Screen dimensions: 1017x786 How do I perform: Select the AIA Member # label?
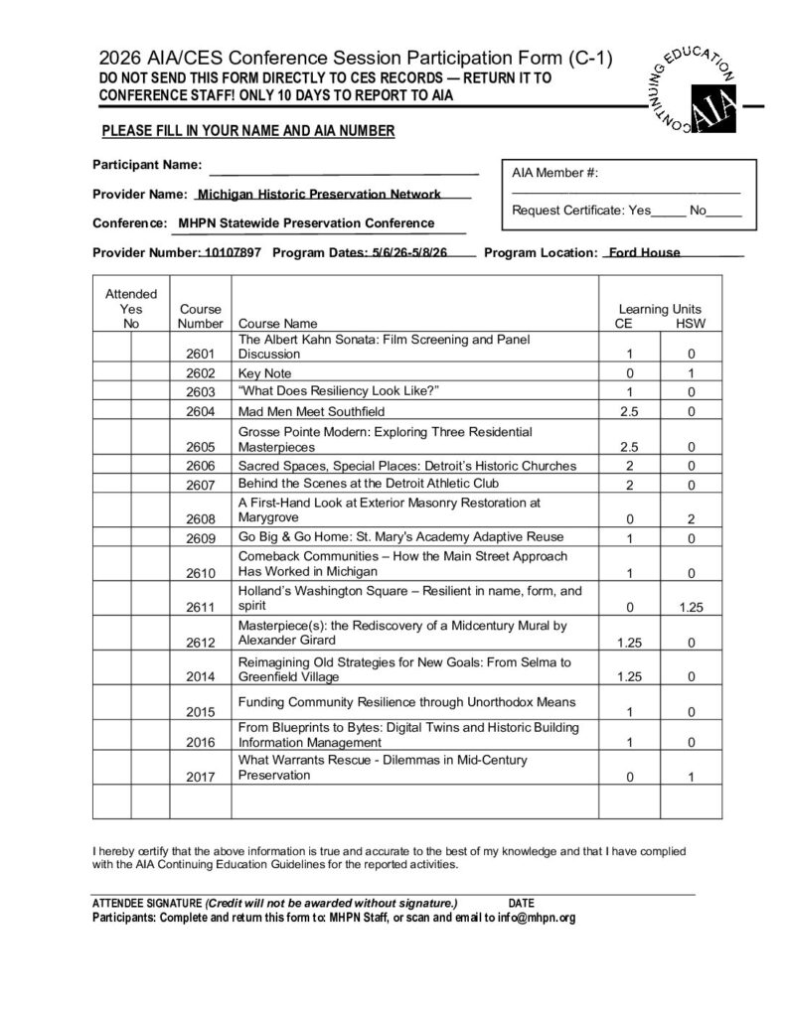point(554,173)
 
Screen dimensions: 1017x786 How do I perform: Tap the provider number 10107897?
point(232,252)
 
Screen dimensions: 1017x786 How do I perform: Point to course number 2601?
point(200,354)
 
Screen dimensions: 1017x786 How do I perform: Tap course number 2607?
point(200,485)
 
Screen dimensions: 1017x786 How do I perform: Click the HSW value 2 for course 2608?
point(691,518)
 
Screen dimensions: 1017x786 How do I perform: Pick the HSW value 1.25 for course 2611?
point(691,606)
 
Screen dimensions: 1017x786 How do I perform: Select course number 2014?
point(200,677)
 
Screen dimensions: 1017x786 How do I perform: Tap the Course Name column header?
point(277,324)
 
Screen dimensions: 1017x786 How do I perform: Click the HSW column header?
point(690,324)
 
